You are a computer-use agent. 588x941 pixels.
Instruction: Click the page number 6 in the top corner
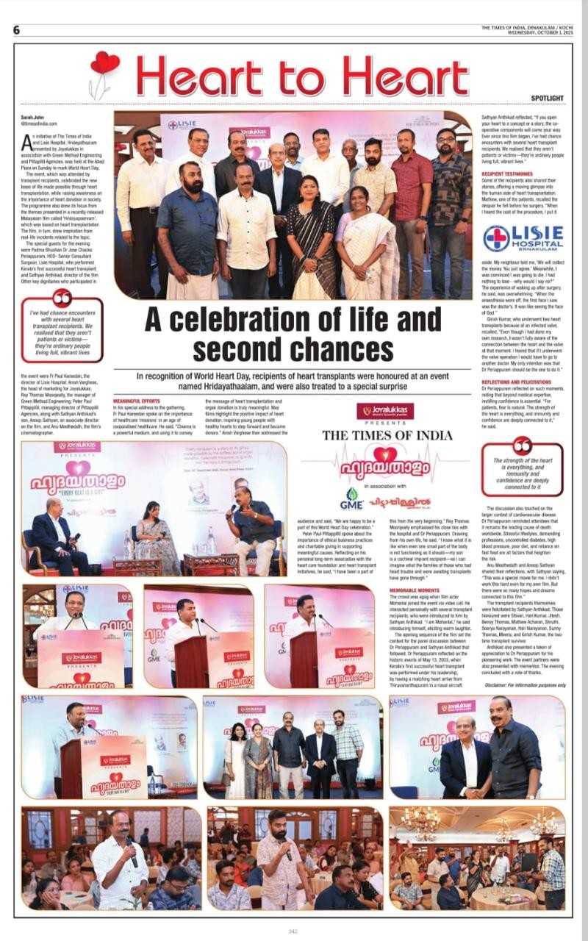[x=15, y=30]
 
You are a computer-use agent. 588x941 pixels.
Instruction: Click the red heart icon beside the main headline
[x=104, y=64]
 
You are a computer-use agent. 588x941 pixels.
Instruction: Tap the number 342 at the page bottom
[x=293, y=931]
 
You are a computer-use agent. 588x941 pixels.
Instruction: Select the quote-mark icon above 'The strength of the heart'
[x=523, y=446]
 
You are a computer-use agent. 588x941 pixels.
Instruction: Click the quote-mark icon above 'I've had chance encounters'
[x=62, y=298]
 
